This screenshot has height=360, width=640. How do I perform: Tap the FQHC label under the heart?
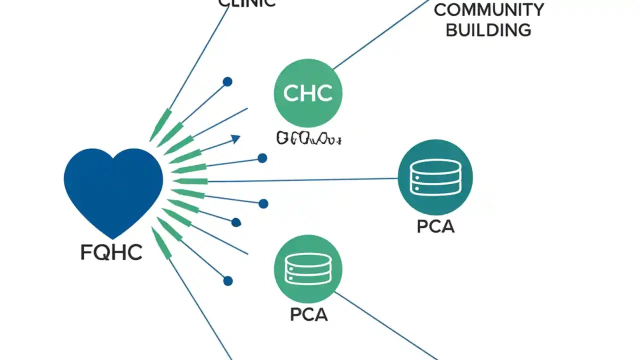[111, 252]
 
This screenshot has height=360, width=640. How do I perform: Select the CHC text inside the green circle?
[308, 93]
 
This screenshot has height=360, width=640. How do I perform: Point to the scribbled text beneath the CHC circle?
[308, 138]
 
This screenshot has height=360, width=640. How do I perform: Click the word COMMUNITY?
[488, 10]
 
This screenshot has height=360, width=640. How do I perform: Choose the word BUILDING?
[488, 30]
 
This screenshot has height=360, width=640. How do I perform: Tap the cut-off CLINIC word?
[247, 3]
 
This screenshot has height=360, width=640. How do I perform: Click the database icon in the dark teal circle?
[435, 177]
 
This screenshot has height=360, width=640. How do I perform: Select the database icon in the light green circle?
[308, 268]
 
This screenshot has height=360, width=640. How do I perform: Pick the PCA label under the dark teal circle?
[435, 226]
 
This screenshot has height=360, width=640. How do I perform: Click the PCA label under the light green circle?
[308, 314]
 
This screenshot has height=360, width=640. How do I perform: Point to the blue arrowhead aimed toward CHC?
[235, 139]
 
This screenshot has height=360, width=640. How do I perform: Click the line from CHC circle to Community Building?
[380, 34]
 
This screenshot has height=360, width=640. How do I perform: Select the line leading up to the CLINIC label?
[200, 55]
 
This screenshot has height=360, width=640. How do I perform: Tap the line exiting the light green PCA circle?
[385, 325]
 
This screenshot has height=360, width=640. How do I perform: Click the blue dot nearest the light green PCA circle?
[228, 281]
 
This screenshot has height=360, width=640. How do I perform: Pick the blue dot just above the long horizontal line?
[262, 158]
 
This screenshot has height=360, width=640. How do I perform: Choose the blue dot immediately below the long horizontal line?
[263, 203]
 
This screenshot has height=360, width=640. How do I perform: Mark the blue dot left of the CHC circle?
[227, 81]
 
